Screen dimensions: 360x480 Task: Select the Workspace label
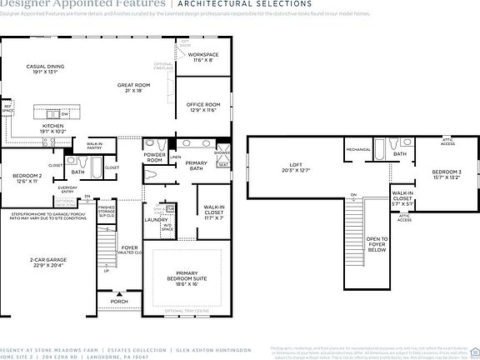coord(204,56)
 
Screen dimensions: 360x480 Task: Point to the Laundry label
coord(156,220)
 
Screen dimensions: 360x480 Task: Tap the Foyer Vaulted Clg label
coord(130,250)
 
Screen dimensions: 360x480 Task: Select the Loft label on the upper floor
coord(294,167)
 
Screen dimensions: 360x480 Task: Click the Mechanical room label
coord(358,150)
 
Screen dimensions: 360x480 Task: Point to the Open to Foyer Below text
coord(377,243)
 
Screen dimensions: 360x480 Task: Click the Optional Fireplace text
coord(163,66)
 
